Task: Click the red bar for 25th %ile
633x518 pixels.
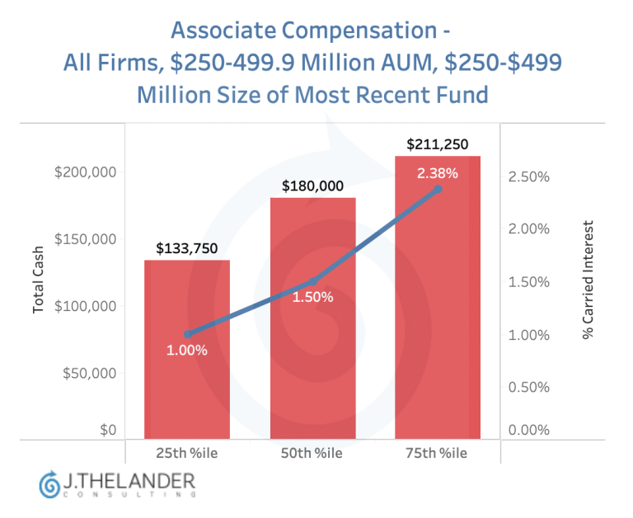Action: pos(187,349)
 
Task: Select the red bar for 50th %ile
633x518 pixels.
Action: pos(313,318)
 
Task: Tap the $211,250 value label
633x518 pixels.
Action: pos(437,144)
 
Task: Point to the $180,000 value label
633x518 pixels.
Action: pos(312,186)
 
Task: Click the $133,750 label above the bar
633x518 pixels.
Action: pos(187,248)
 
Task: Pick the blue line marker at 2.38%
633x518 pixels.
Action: pos(438,189)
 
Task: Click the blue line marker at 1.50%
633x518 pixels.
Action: pos(313,281)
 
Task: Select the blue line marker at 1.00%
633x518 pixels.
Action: pos(188,334)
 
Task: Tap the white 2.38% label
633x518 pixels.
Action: pos(438,173)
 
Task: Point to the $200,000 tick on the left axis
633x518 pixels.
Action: pos(85,172)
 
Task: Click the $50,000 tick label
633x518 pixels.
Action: pos(89,373)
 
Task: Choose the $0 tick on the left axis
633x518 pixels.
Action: pos(108,430)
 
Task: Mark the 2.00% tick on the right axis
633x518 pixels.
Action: pos(529,229)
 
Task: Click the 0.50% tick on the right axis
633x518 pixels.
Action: pos(529,387)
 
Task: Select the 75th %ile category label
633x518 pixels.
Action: pos(436,453)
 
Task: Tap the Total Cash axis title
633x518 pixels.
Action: pos(38,280)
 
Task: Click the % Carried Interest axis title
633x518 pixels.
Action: pos(588,280)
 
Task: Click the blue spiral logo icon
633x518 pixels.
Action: pos(49,484)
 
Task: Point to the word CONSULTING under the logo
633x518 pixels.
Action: pos(129,494)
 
